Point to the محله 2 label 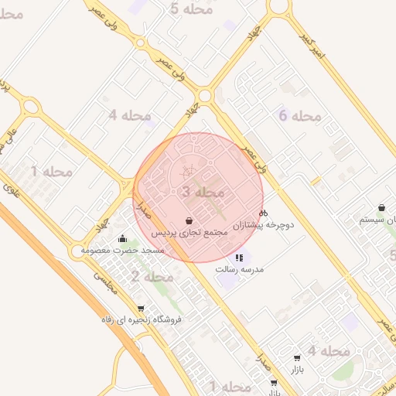point(151,276)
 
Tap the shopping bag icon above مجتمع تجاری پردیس point(189,220)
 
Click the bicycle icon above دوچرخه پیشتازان point(263,213)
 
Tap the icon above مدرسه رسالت point(240,258)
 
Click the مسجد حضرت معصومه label point(127,250)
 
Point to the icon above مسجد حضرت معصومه point(121,238)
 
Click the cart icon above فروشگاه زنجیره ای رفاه point(140,308)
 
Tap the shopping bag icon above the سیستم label point(382,207)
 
